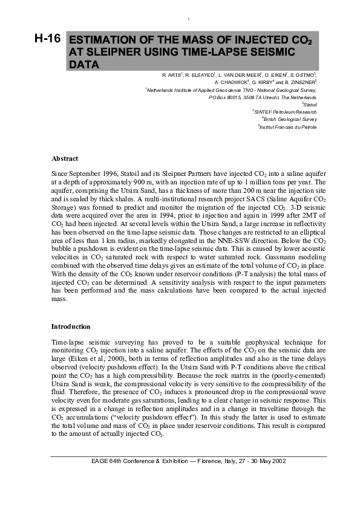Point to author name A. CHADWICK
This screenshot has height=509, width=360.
click(232, 80)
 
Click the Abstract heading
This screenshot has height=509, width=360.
click(65, 159)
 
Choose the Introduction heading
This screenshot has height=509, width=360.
click(71, 326)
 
